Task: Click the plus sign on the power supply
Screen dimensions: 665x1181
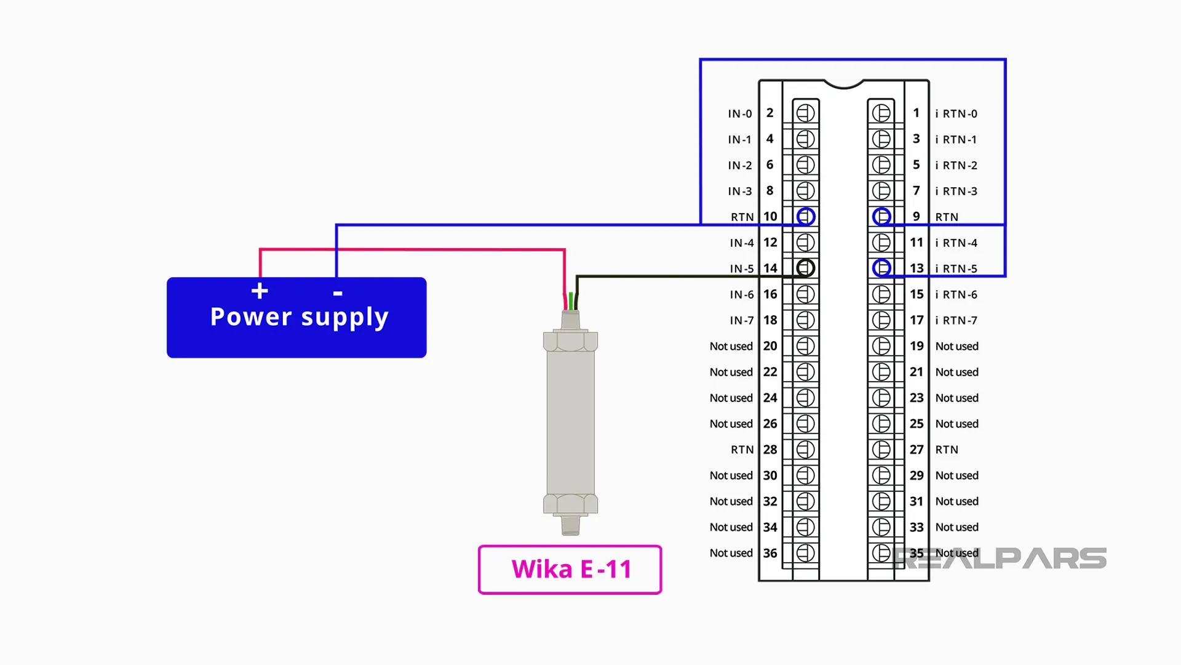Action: click(260, 291)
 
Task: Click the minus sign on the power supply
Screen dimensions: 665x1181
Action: click(338, 294)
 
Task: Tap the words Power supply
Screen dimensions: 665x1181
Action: click(299, 317)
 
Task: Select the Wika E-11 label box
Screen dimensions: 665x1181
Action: click(570, 570)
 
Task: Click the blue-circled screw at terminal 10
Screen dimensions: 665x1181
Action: click(806, 217)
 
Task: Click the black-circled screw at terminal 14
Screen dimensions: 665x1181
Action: click(806, 268)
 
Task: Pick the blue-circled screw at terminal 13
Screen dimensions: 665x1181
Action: click(881, 268)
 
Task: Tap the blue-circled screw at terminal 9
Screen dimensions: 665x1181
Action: click(881, 217)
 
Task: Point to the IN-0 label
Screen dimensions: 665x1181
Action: click(739, 114)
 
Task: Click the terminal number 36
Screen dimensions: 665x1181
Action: click(770, 553)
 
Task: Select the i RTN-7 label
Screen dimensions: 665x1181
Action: click(956, 320)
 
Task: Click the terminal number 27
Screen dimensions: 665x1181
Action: click(917, 449)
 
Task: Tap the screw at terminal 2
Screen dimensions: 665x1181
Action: click(806, 113)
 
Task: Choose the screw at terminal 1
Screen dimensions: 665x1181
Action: click(881, 113)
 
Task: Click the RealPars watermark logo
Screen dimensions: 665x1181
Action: click(1000, 558)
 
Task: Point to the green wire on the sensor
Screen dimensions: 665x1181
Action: click(571, 301)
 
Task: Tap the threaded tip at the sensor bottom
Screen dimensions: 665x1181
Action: click(570, 525)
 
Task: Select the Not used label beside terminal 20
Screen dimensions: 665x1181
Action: click(731, 346)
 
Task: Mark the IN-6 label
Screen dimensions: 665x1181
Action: click(741, 294)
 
